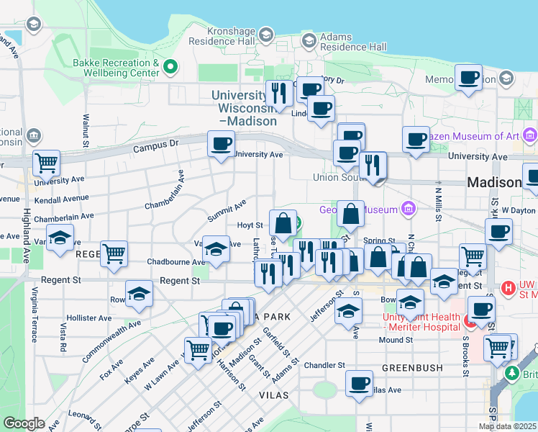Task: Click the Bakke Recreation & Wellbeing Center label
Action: point(115,68)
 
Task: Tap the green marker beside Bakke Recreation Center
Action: point(170,68)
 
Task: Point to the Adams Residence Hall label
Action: point(353,42)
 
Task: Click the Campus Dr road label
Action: point(155,147)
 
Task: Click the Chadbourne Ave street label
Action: point(171,261)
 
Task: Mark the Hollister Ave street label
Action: point(88,318)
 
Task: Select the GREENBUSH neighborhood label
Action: point(411,367)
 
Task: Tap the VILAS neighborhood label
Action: point(273,395)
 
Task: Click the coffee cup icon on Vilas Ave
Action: point(359,383)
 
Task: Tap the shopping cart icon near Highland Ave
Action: point(46,163)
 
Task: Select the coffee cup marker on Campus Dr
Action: point(221,143)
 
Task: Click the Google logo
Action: point(24,423)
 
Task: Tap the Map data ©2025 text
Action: point(507,426)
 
